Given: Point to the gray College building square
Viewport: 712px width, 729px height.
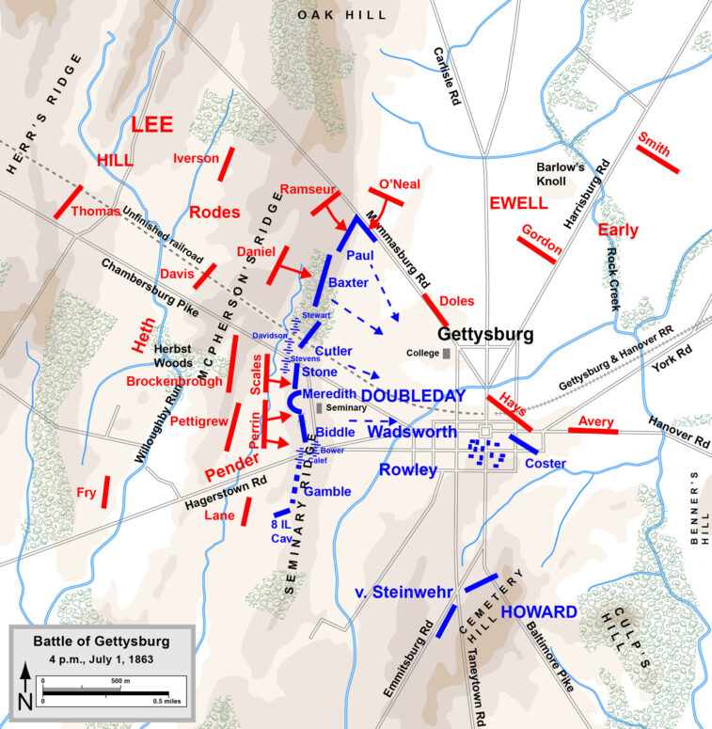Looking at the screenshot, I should (x=446, y=354).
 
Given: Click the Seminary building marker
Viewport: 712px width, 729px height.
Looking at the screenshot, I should (x=320, y=408).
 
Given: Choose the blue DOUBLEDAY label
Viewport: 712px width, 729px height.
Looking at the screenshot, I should (x=415, y=396).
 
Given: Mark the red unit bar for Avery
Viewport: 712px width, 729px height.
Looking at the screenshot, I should (x=593, y=431).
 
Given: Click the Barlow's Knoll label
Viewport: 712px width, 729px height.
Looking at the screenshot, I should (x=561, y=173).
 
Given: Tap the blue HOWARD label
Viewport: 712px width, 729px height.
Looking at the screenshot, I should (x=539, y=611).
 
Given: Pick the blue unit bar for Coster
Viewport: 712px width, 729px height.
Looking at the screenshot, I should (x=524, y=443).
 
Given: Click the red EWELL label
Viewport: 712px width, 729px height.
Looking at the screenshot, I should (x=518, y=203).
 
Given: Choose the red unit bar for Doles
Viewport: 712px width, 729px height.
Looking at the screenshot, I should (x=435, y=310).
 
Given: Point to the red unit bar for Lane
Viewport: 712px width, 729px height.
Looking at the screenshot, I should (x=245, y=511).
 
